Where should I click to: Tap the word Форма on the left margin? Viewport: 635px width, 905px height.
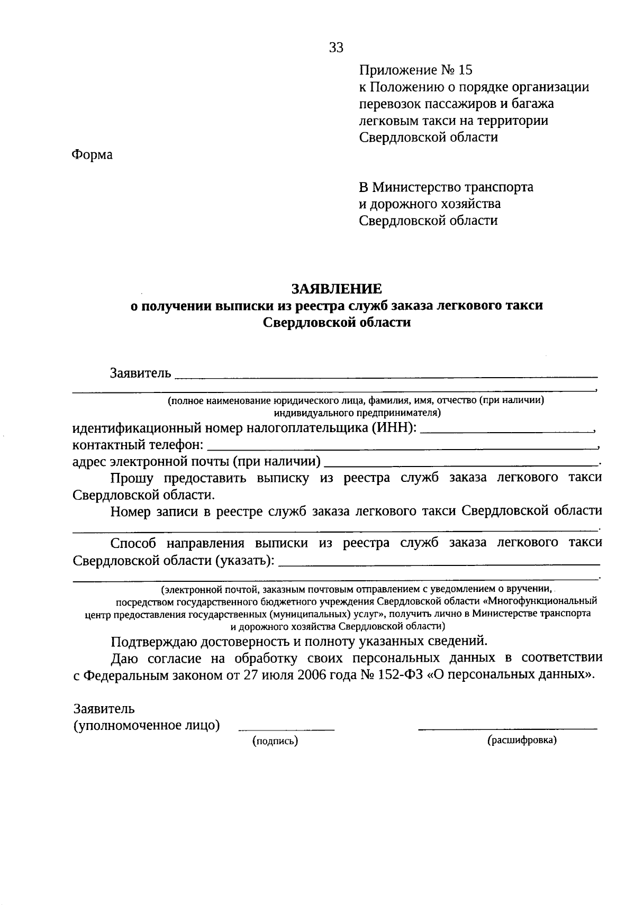pyautogui.click(x=92, y=155)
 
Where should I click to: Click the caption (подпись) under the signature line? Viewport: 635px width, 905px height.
pyautogui.click(x=276, y=742)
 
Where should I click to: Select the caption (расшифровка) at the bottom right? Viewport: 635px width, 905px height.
pyautogui.click(x=522, y=741)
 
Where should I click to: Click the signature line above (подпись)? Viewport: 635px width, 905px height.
pyautogui.click(x=286, y=729)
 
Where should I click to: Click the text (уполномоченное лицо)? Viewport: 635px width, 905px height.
pyautogui.click(x=147, y=725)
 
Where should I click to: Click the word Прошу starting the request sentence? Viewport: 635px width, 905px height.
pyautogui.click(x=132, y=478)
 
